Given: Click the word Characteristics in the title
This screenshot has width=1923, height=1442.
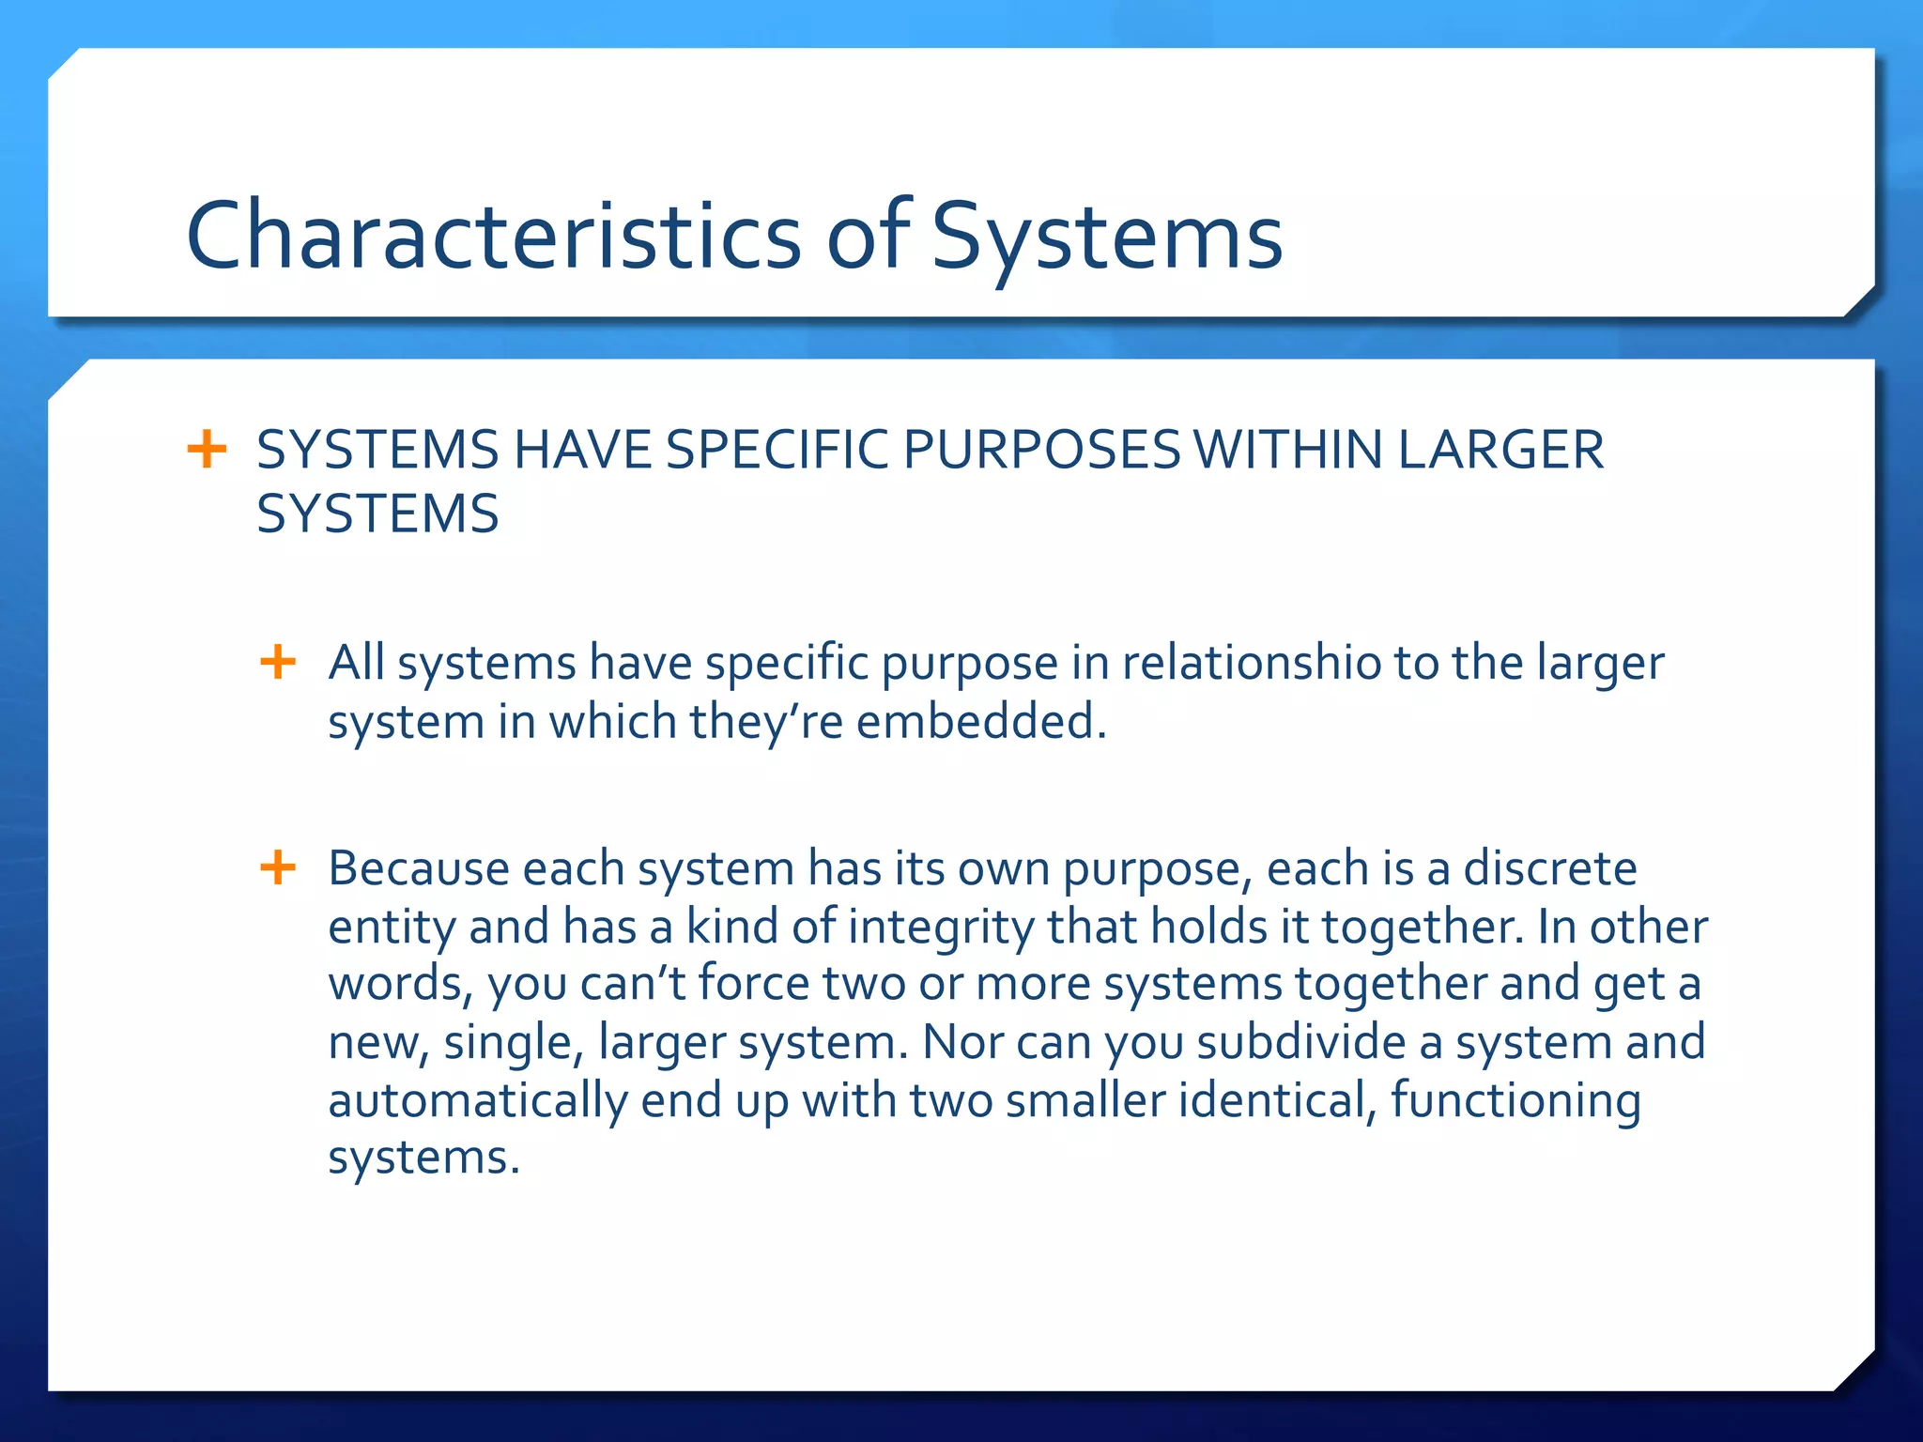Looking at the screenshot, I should click(x=493, y=236).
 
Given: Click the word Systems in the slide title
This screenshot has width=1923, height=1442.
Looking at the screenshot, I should click(x=1106, y=236).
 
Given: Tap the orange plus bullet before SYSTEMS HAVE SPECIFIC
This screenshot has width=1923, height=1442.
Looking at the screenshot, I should click(x=207, y=449).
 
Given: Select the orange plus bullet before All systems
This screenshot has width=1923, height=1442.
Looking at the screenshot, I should click(x=278, y=662).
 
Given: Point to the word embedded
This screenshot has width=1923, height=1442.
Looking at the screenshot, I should click(x=981, y=722).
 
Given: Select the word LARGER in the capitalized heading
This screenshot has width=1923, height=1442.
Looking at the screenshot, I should click(x=1500, y=450).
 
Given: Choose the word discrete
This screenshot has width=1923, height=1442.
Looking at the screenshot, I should click(x=1550, y=867).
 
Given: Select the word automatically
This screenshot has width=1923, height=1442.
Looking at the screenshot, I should click(x=477, y=1100).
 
